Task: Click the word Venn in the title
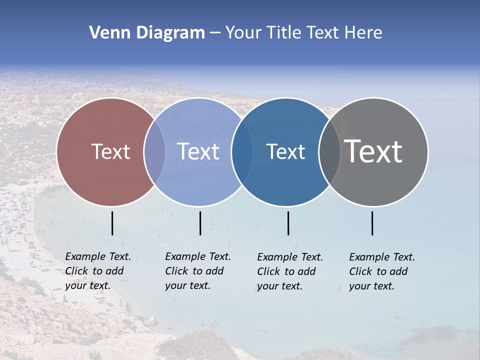coord(106,33)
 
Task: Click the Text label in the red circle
coord(110,151)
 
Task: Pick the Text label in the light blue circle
coord(198,151)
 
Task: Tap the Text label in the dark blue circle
coord(286,151)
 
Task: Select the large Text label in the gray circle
coord(373,151)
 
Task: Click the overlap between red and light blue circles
coord(154,151)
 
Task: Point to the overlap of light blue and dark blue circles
coord(242,151)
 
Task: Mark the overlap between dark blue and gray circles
coord(329,151)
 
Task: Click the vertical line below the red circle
coord(112,223)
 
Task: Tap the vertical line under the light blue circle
coord(200,223)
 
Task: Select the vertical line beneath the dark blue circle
coord(288,223)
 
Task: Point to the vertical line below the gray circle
coord(372,223)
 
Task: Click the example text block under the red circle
coord(98,271)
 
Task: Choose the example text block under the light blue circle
coord(198,271)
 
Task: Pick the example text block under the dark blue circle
coord(290,271)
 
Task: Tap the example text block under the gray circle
coord(382,271)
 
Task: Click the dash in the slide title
coord(215,33)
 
